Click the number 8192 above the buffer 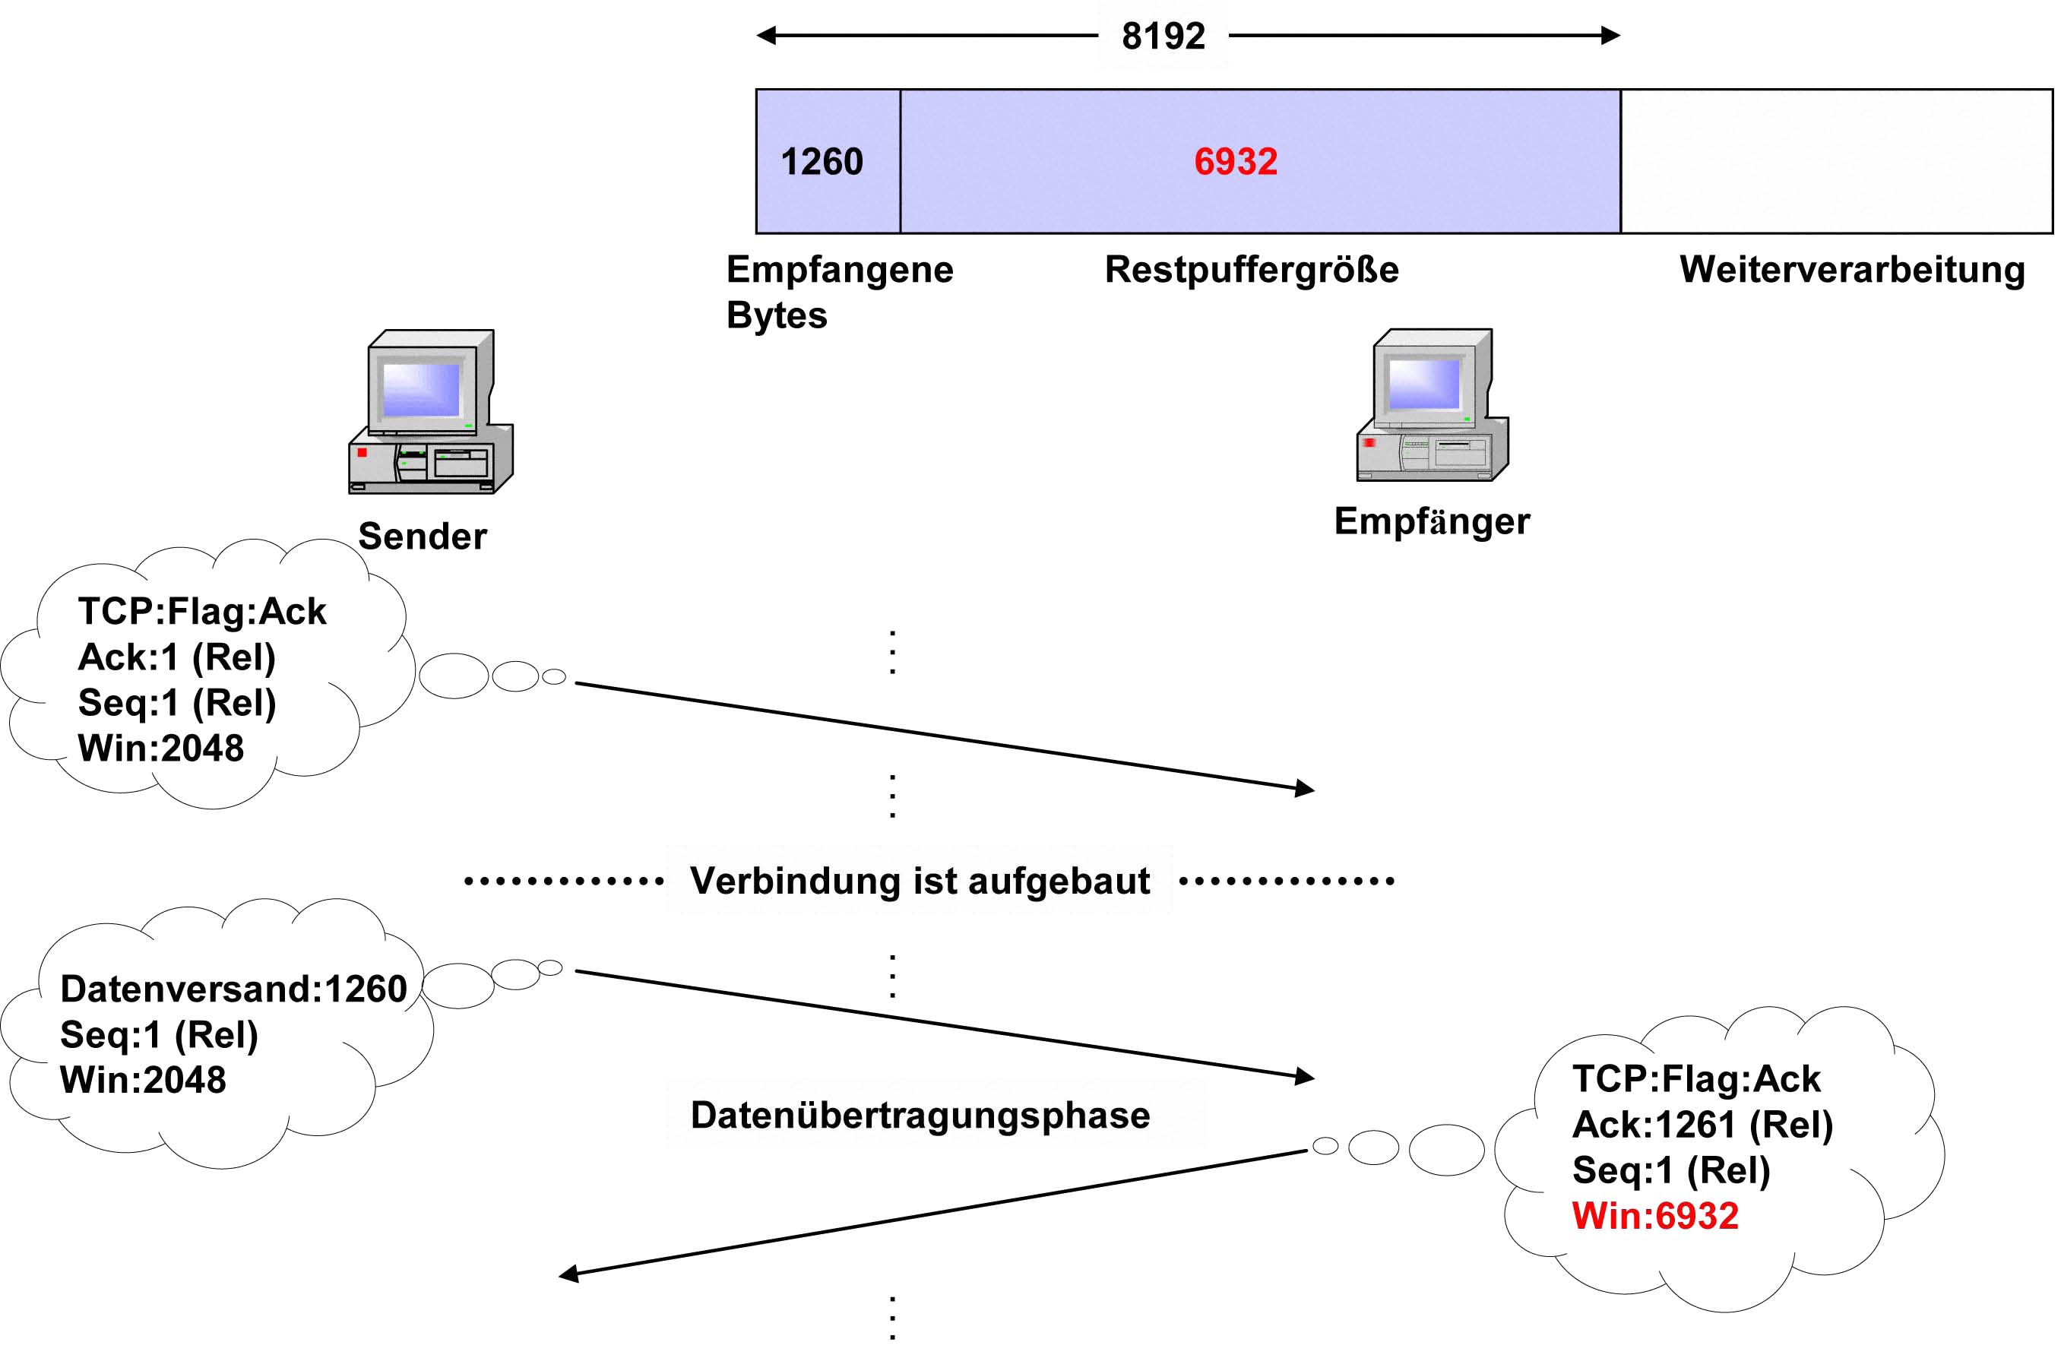click(x=1163, y=36)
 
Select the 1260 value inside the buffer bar click(x=822, y=162)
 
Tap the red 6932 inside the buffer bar click(x=1236, y=162)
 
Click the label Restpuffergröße click(x=1252, y=269)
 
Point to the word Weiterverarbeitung click(x=1851, y=269)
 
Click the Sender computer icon click(x=430, y=411)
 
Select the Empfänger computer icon click(x=1433, y=404)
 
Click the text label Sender click(x=423, y=536)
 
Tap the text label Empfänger click(x=1432, y=521)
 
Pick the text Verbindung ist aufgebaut click(x=920, y=881)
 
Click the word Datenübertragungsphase click(x=920, y=1115)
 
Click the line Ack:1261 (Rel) click(x=1702, y=1124)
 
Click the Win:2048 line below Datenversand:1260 click(x=143, y=1080)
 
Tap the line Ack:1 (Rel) click(x=176, y=657)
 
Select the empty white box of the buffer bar click(x=1835, y=162)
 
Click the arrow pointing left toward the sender click(x=931, y=1213)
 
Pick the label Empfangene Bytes click(x=838, y=292)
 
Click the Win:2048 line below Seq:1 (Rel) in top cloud click(x=161, y=749)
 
